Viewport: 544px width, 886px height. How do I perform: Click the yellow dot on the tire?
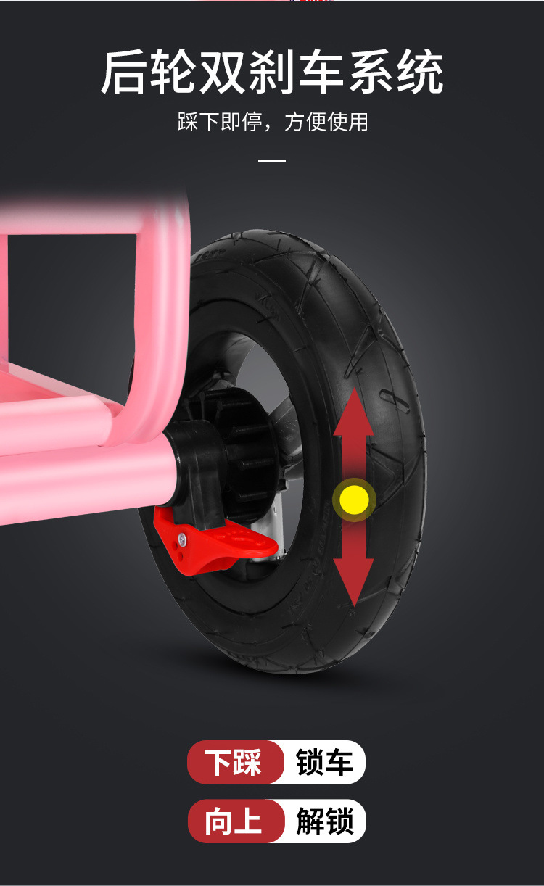tap(354, 500)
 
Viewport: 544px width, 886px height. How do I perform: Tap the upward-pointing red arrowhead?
tap(354, 411)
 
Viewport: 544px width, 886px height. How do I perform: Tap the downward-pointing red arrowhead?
tap(354, 582)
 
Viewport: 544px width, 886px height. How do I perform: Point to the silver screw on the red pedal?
tap(181, 537)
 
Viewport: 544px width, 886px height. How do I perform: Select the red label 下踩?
tap(234, 762)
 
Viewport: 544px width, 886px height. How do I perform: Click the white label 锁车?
tap(324, 762)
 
